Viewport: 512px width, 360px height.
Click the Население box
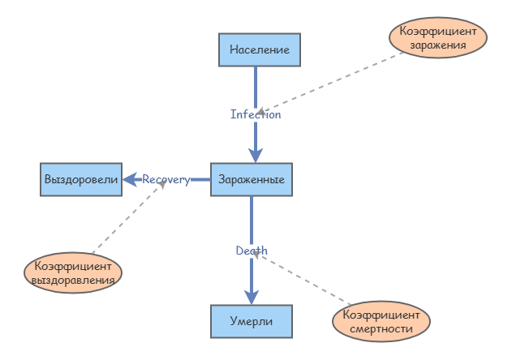point(260,49)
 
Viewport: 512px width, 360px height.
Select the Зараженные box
point(252,179)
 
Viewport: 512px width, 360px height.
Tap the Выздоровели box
point(81,179)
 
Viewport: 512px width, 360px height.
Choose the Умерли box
point(252,322)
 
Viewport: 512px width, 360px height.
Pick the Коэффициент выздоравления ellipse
point(74,272)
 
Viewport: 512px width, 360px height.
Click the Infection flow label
point(256,114)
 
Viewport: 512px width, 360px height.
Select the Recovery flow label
point(166,179)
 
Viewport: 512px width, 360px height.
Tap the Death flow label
point(252,251)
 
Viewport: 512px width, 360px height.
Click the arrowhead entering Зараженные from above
point(256,156)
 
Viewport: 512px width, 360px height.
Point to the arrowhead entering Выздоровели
point(131,179)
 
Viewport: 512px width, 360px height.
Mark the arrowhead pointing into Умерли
point(252,298)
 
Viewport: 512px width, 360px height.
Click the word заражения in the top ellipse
point(437,45)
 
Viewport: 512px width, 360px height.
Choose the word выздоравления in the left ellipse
point(74,280)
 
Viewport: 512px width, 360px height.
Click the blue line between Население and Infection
point(256,85)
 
